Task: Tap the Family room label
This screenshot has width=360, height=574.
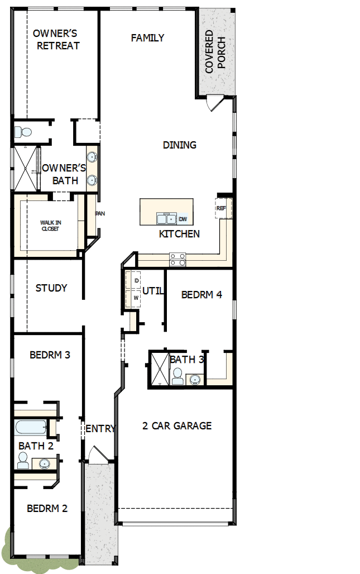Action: click(147, 38)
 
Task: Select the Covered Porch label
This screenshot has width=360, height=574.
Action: click(215, 52)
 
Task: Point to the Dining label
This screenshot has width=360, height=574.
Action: click(180, 145)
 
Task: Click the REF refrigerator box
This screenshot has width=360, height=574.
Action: click(222, 208)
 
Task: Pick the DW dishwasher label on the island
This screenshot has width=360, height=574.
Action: click(183, 219)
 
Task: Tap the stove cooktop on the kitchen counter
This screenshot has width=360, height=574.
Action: click(178, 259)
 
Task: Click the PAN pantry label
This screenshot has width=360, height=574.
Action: click(100, 213)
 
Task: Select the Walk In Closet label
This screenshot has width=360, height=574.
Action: click(51, 226)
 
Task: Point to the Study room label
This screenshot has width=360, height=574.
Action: click(51, 288)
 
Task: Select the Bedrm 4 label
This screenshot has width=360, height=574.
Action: click(201, 295)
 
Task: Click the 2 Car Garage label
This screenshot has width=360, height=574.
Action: click(177, 426)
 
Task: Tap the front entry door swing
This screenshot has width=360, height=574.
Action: click(94, 453)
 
